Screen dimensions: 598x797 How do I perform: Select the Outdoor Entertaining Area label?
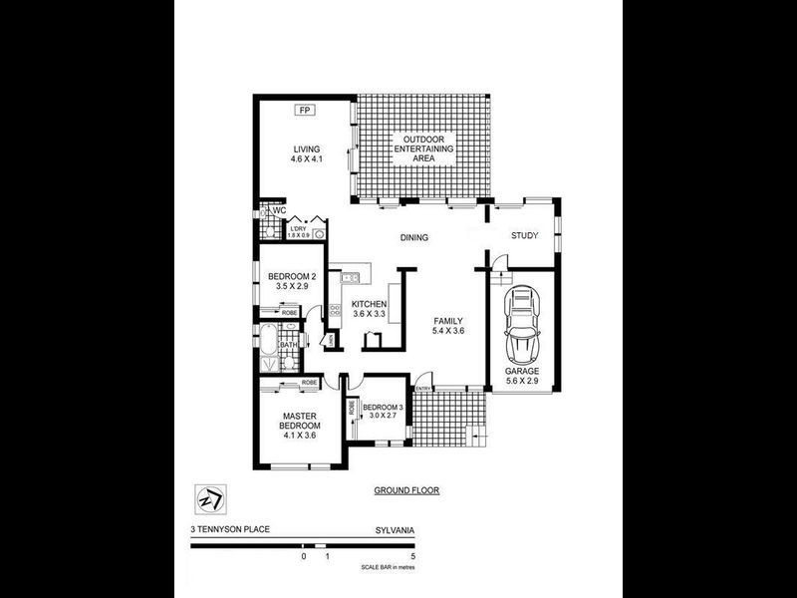coord(423,148)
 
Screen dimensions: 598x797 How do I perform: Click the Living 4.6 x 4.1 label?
coord(306,153)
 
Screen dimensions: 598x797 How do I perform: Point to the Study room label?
coord(524,236)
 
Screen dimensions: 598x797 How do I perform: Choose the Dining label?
coord(414,238)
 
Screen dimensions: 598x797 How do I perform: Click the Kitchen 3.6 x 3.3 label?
coord(369,308)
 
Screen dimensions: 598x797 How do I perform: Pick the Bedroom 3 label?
coord(383,412)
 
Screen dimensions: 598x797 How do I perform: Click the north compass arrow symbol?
coord(210,496)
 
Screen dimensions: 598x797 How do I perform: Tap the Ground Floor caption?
coord(406,490)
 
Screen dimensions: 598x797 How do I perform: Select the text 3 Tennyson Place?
coord(231,530)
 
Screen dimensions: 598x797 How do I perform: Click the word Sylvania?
coord(396,530)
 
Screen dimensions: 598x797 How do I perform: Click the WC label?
coord(280,211)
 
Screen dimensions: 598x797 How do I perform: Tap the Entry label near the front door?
coord(422,389)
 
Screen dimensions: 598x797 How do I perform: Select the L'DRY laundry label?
coord(299,230)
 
